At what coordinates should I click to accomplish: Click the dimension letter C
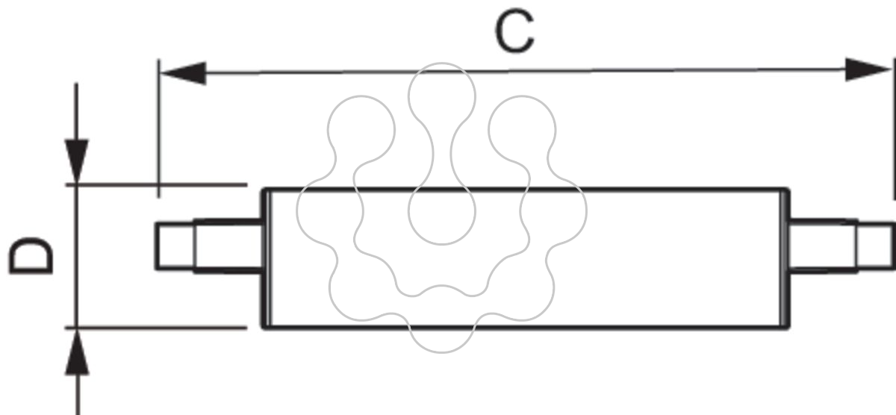(514, 31)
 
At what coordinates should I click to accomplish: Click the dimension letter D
(31, 256)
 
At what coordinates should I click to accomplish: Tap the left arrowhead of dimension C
(183, 74)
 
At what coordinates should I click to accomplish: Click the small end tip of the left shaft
(175, 246)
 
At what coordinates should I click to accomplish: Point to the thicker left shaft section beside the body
(228, 246)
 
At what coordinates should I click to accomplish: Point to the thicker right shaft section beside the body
(823, 246)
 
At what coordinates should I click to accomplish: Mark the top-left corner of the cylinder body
(262, 189)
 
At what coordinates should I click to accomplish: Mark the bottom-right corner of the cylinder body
(788, 328)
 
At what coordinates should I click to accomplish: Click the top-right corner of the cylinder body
(788, 189)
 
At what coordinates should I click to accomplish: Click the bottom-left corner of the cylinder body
(262, 328)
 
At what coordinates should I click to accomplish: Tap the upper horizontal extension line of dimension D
(156, 184)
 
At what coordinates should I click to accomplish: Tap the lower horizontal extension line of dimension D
(156, 328)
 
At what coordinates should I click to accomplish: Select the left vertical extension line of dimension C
(159, 128)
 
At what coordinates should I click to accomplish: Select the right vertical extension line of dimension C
(894, 128)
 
